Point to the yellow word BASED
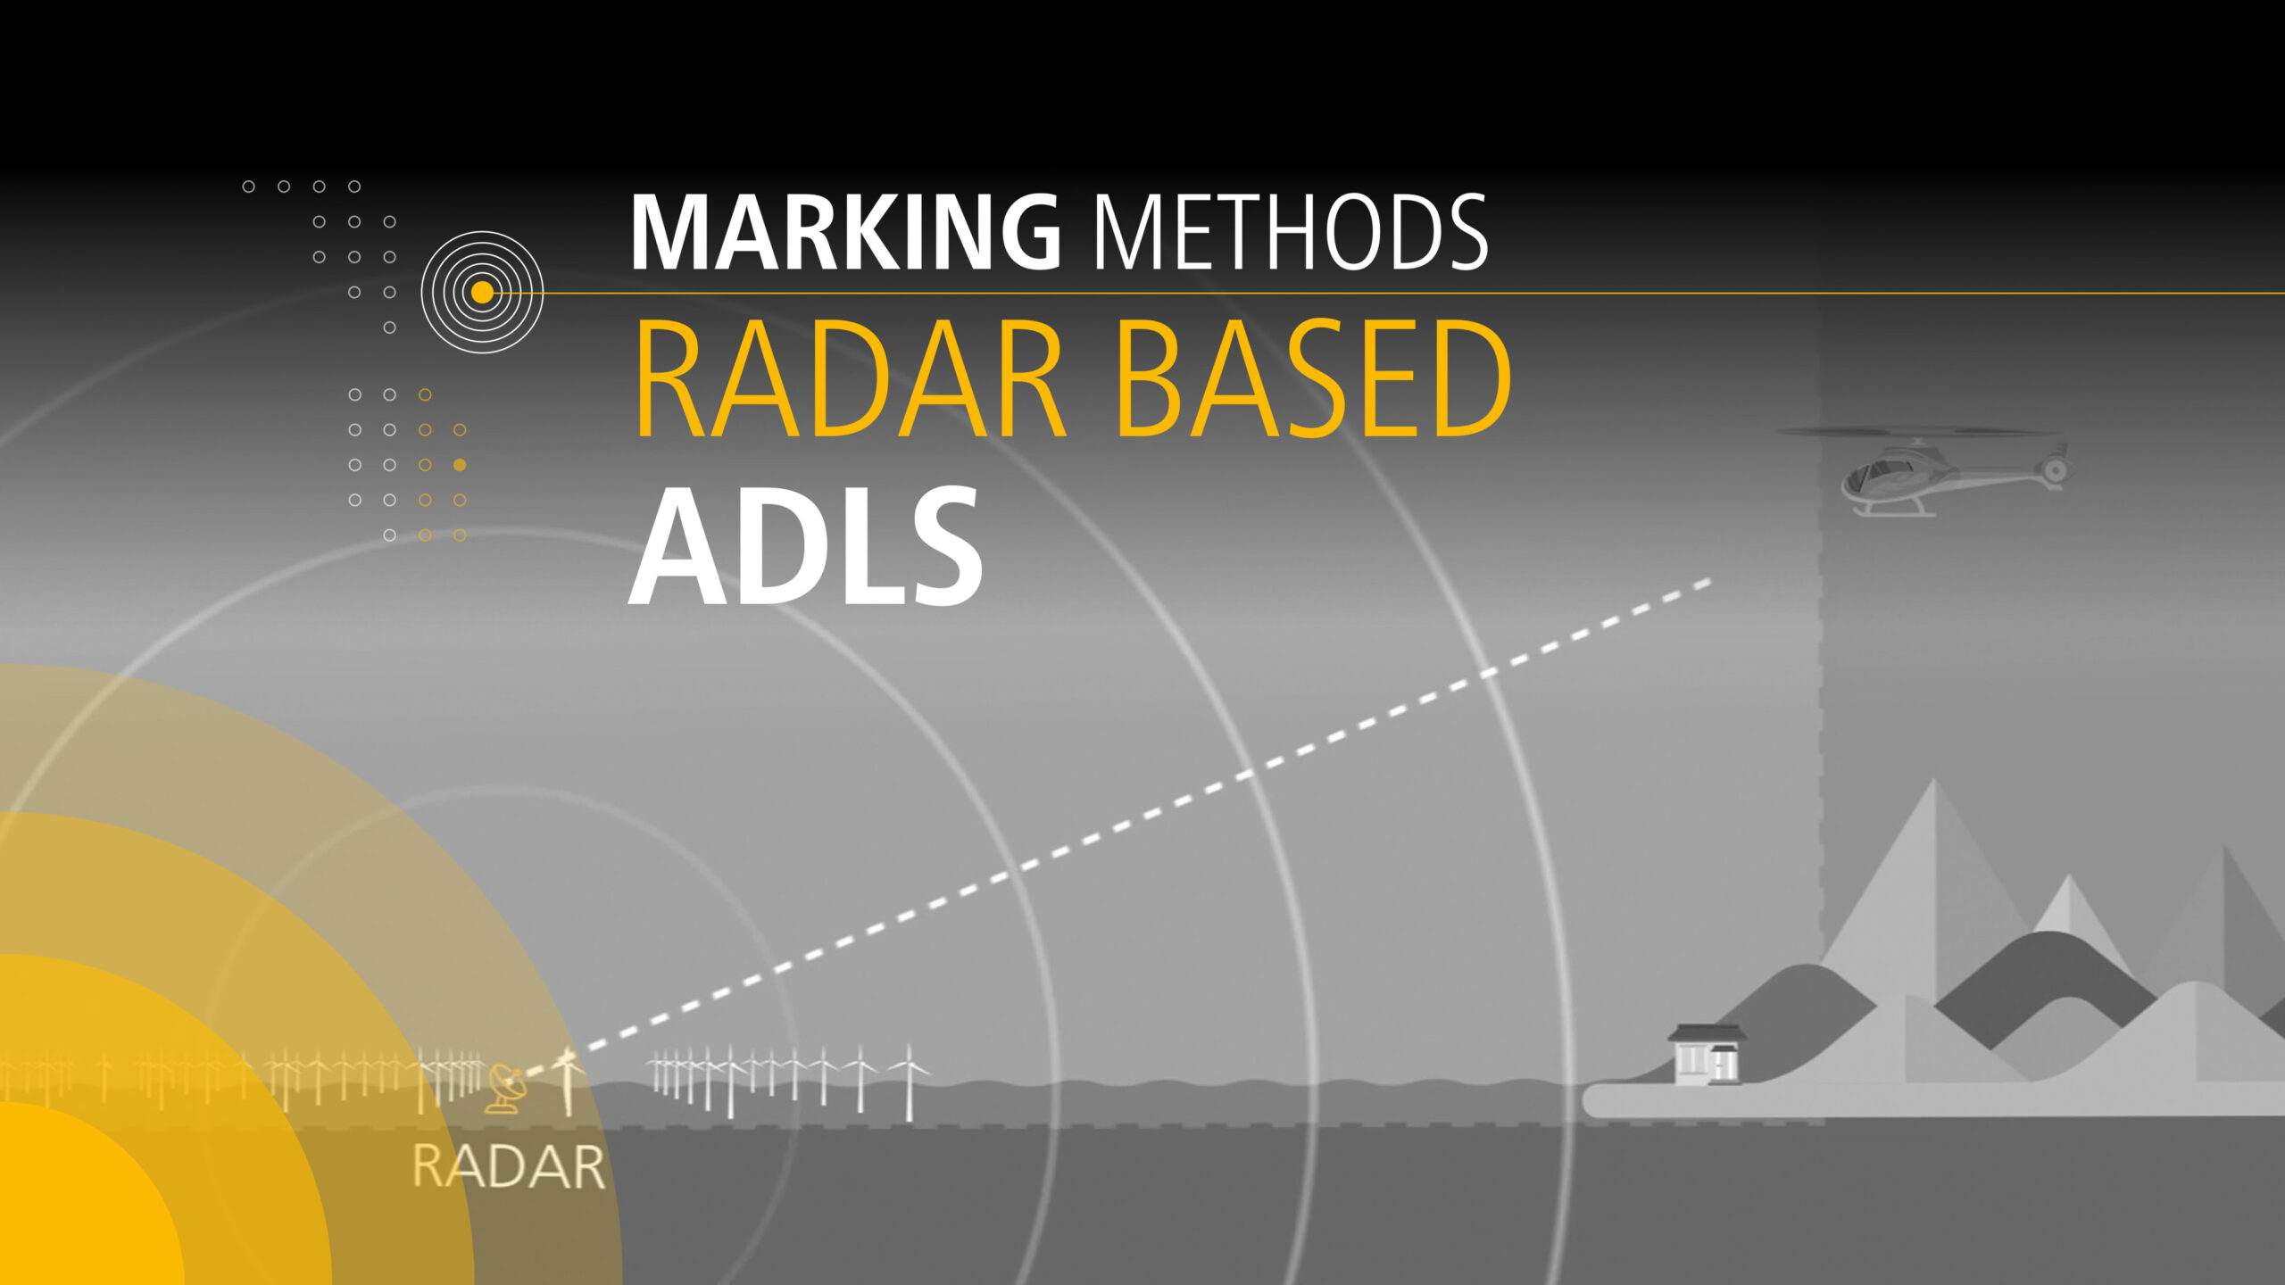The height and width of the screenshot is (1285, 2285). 1312,378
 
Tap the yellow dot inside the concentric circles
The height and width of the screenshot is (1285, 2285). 482,292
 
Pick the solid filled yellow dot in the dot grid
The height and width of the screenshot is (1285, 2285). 460,465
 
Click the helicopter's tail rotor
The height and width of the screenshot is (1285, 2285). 2055,470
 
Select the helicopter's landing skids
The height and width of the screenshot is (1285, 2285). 1892,512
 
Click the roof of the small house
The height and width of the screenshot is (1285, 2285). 1707,1033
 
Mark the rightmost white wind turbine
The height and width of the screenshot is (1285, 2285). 909,1082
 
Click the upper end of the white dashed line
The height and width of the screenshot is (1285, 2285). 1707,582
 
